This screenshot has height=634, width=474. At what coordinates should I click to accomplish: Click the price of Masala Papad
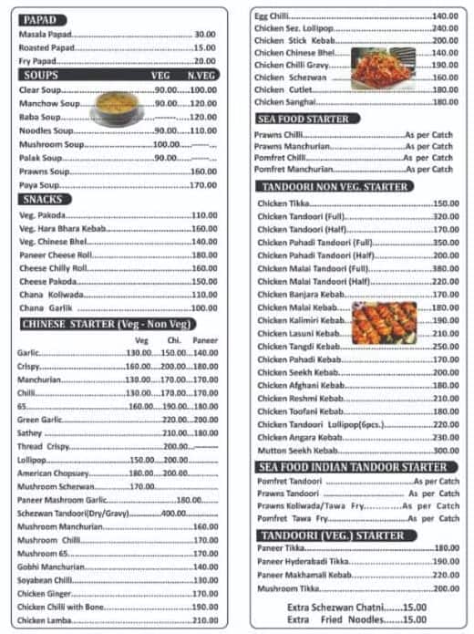pyautogui.click(x=204, y=34)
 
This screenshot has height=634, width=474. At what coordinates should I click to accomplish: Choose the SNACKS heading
pyautogui.click(x=43, y=199)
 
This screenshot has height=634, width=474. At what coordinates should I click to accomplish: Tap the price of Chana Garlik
pyautogui.click(x=204, y=308)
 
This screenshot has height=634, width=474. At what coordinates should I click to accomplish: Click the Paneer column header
pyautogui.click(x=205, y=340)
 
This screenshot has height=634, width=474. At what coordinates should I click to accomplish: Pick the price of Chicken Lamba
pyautogui.click(x=204, y=620)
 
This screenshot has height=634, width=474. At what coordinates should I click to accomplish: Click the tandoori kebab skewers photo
pyautogui.click(x=384, y=322)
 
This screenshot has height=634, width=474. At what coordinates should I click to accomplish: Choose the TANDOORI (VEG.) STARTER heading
pyautogui.click(x=331, y=535)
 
